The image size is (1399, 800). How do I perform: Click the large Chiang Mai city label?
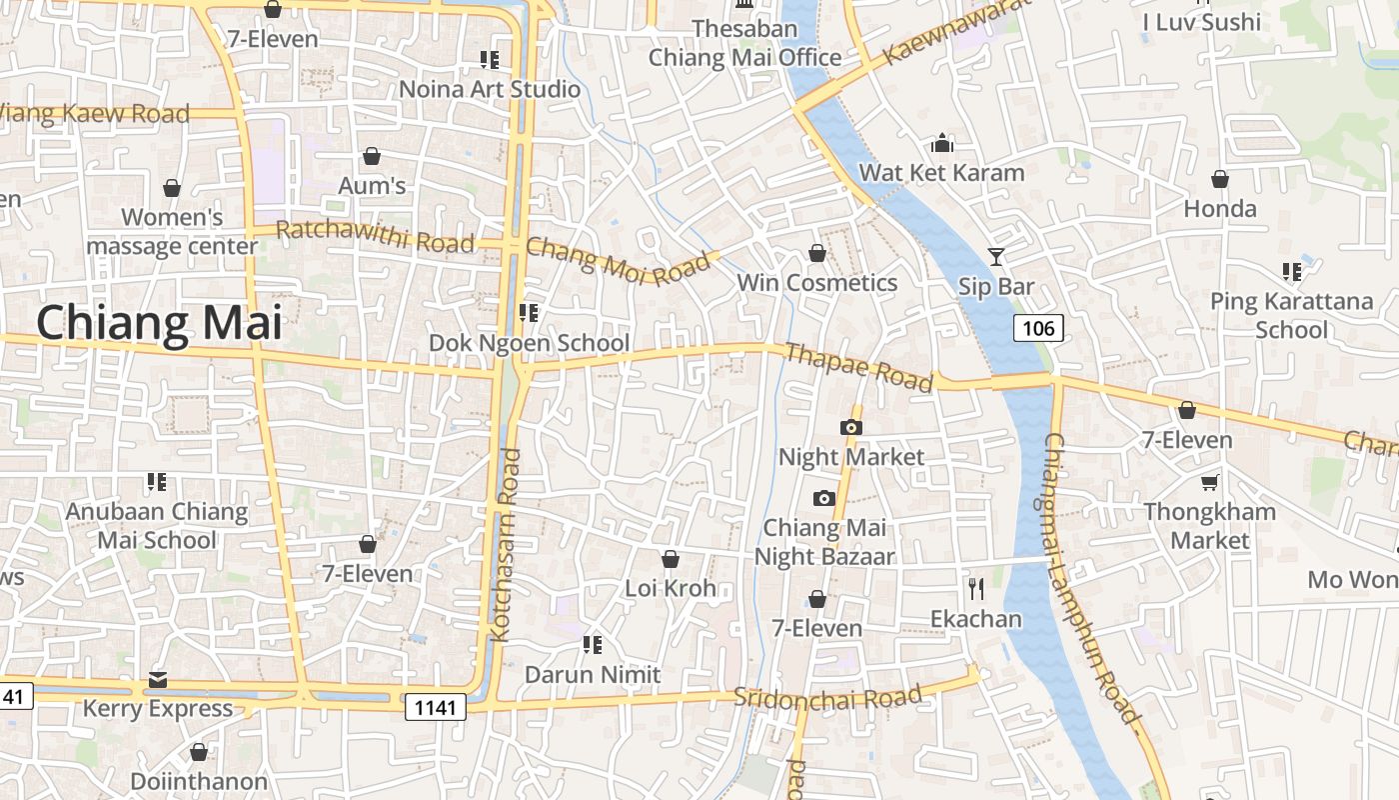tap(159, 324)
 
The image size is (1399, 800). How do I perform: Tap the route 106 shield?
tap(1038, 328)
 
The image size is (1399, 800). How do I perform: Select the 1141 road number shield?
tap(437, 708)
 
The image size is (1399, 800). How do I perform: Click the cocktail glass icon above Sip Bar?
tap(995, 257)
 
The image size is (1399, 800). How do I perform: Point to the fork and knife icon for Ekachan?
tap(976, 588)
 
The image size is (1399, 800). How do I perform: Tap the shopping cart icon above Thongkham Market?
tap(1209, 483)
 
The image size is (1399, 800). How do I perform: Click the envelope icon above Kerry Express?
tap(158, 680)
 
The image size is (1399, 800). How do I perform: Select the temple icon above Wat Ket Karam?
tap(941, 144)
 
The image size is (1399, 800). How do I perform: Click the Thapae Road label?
tap(859, 367)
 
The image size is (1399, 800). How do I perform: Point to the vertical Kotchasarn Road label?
tap(508, 544)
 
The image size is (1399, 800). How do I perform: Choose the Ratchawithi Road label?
tap(375, 237)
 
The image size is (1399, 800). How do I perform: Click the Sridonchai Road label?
tap(827, 697)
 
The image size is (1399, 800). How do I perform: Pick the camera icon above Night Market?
tap(850, 428)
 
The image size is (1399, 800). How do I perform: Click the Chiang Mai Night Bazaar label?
tap(824, 542)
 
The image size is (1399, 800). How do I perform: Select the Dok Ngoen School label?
tap(529, 343)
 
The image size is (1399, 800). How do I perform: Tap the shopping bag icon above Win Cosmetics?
tap(816, 254)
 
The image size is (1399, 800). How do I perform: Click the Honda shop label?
tap(1220, 209)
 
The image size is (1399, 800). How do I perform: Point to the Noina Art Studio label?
tap(489, 89)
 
